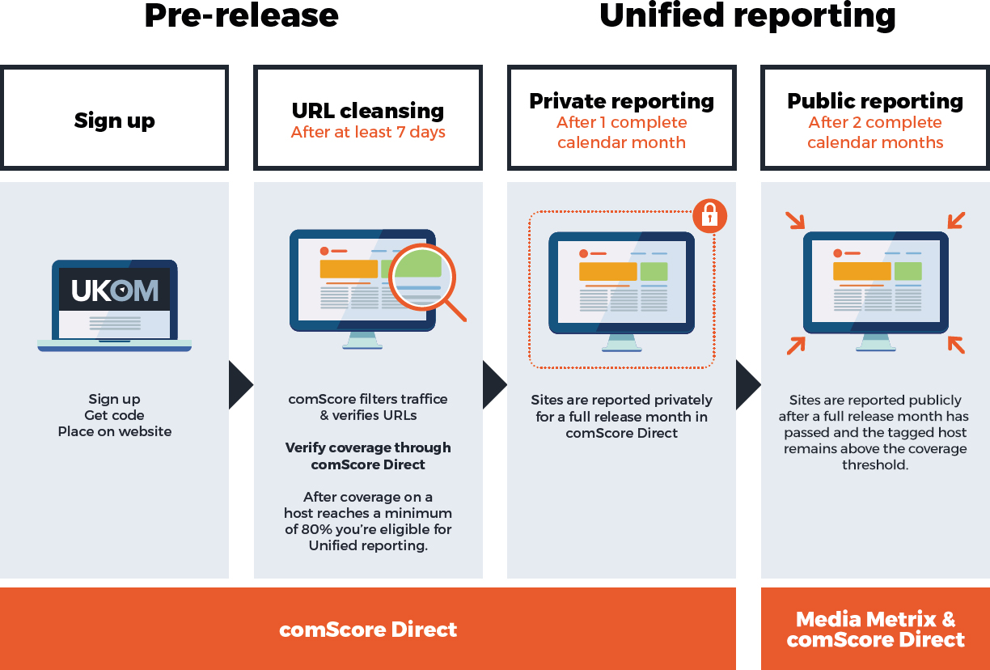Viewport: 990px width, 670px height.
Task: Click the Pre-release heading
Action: coord(241,16)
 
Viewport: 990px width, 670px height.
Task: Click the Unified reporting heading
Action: coord(747,16)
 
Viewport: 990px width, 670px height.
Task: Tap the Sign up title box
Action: coord(115,117)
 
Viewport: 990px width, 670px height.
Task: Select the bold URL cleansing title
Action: coord(368,111)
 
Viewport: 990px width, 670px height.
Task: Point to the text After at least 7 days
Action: coord(368,132)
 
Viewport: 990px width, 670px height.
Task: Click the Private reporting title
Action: coord(621,101)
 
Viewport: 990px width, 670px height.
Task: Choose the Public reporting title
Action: coord(875,101)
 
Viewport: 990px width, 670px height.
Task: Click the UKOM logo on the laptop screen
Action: coord(115,290)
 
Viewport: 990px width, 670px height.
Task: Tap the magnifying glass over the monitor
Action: coord(425,279)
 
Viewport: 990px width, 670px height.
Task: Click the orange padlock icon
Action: coord(710,216)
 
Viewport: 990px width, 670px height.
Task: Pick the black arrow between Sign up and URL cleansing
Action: coord(241,384)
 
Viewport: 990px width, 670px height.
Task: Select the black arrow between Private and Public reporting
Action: coord(748,384)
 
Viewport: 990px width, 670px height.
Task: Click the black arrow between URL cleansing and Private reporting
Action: coord(494,384)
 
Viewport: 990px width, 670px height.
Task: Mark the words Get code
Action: coord(114,415)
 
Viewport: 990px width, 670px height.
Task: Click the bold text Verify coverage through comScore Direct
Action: coord(368,456)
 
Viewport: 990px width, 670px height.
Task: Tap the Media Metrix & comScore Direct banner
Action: coord(875,629)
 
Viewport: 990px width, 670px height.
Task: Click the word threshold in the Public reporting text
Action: coord(875,464)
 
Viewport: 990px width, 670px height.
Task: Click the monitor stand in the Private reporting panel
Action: coord(621,343)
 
